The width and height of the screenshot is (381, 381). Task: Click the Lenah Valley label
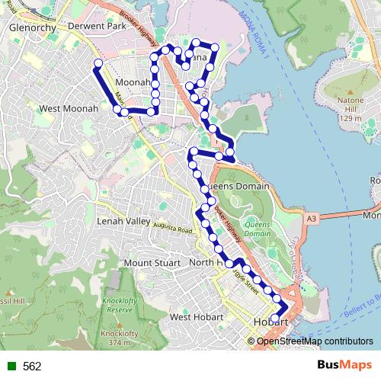click(x=125, y=221)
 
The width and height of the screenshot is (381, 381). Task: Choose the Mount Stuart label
click(x=149, y=263)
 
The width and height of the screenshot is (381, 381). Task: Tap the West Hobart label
click(x=197, y=316)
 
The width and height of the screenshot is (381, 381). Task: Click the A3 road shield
click(x=310, y=219)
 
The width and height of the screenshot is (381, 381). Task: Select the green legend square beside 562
click(x=11, y=366)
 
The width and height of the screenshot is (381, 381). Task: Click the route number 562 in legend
click(x=32, y=366)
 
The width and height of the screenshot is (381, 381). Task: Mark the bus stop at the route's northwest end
click(x=98, y=62)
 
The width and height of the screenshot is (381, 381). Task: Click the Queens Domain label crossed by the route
click(x=239, y=186)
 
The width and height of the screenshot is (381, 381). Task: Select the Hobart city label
click(x=271, y=322)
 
